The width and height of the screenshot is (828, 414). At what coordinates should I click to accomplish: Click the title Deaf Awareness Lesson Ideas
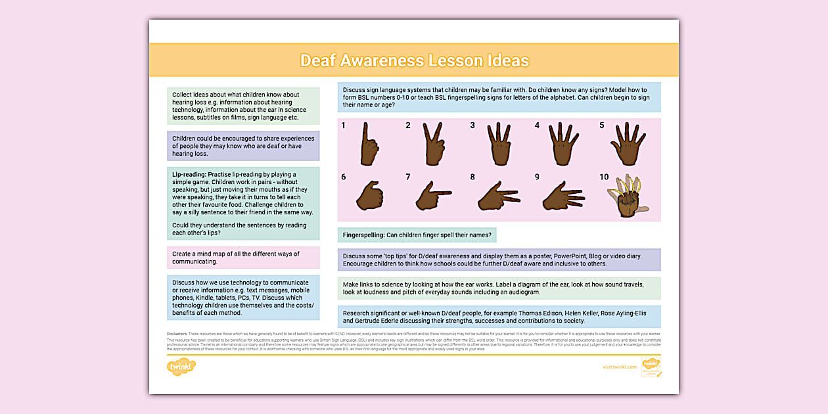click(x=414, y=61)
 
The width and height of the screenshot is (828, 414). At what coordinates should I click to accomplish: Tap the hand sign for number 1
click(x=369, y=145)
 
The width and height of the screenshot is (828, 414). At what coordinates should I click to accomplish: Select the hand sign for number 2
click(x=434, y=144)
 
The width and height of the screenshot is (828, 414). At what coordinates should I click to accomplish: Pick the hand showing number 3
click(x=499, y=144)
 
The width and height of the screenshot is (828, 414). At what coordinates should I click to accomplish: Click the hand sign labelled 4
click(x=563, y=144)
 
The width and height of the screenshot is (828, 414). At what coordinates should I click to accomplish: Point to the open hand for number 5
click(x=628, y=144)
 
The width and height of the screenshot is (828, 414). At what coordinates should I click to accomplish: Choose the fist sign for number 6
click(x=369, y=196)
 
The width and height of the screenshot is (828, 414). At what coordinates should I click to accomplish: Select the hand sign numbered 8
click(x=499, y=196)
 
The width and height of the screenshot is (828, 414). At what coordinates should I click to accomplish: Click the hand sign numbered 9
click(x=563, y=196)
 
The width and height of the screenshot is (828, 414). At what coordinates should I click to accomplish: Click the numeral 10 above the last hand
click(x=604, y=177)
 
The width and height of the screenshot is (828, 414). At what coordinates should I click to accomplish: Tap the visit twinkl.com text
click(x=620, y=367)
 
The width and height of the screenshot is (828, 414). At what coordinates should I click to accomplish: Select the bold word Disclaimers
click(x=178, y=334)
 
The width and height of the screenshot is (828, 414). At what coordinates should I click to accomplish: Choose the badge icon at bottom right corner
click(x=651, y=367)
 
